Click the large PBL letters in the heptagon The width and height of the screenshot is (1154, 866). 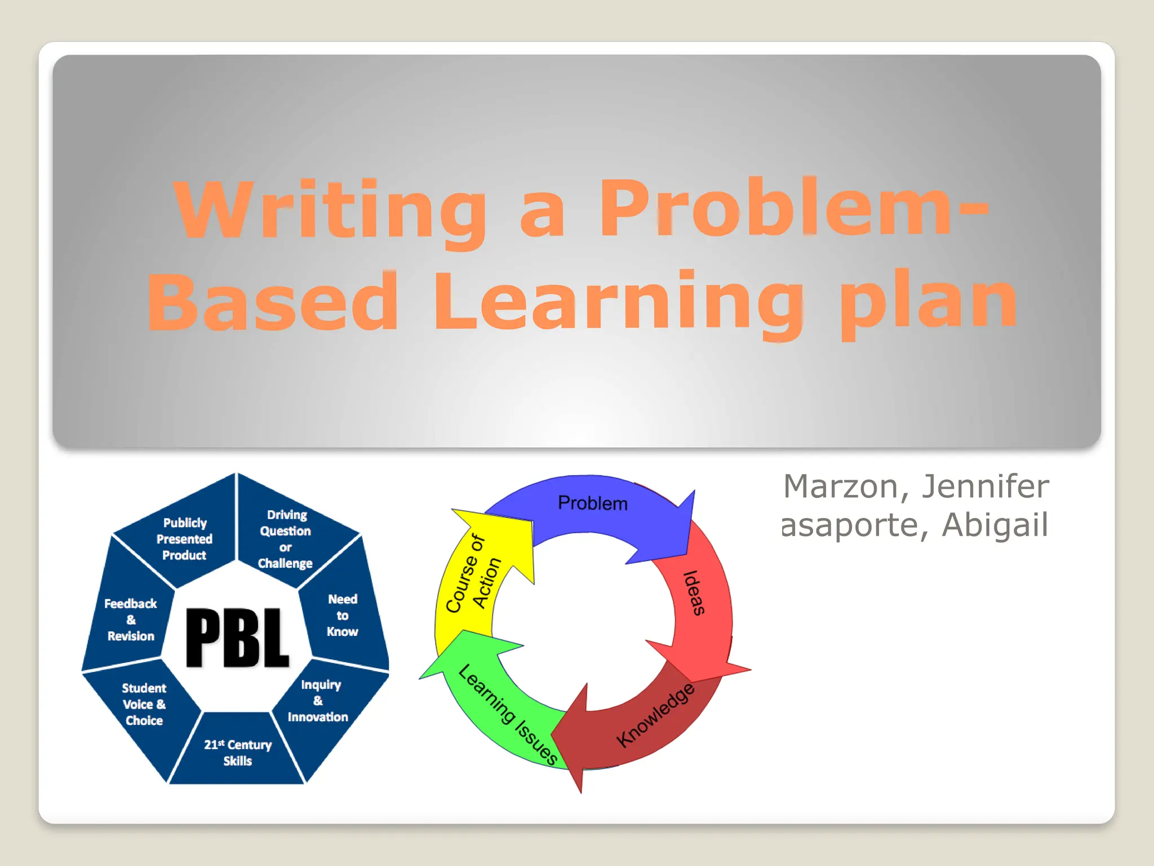pos(237,638)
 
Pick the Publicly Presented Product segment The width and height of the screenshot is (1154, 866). pos(184,539)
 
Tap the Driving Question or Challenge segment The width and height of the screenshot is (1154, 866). pos(286,539)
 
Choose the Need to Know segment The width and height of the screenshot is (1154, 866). pos(343,615)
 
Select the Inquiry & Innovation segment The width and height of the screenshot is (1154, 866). pos(318,701)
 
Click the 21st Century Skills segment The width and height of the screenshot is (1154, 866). pos(237,753)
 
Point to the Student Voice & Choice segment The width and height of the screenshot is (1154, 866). pos(144,704)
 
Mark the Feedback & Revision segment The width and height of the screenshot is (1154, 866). pos(131,620)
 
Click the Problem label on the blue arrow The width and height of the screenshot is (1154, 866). pos(592,503)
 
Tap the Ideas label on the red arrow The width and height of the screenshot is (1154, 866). pos(694,593)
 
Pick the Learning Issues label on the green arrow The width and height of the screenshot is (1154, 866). pos(508,714)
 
